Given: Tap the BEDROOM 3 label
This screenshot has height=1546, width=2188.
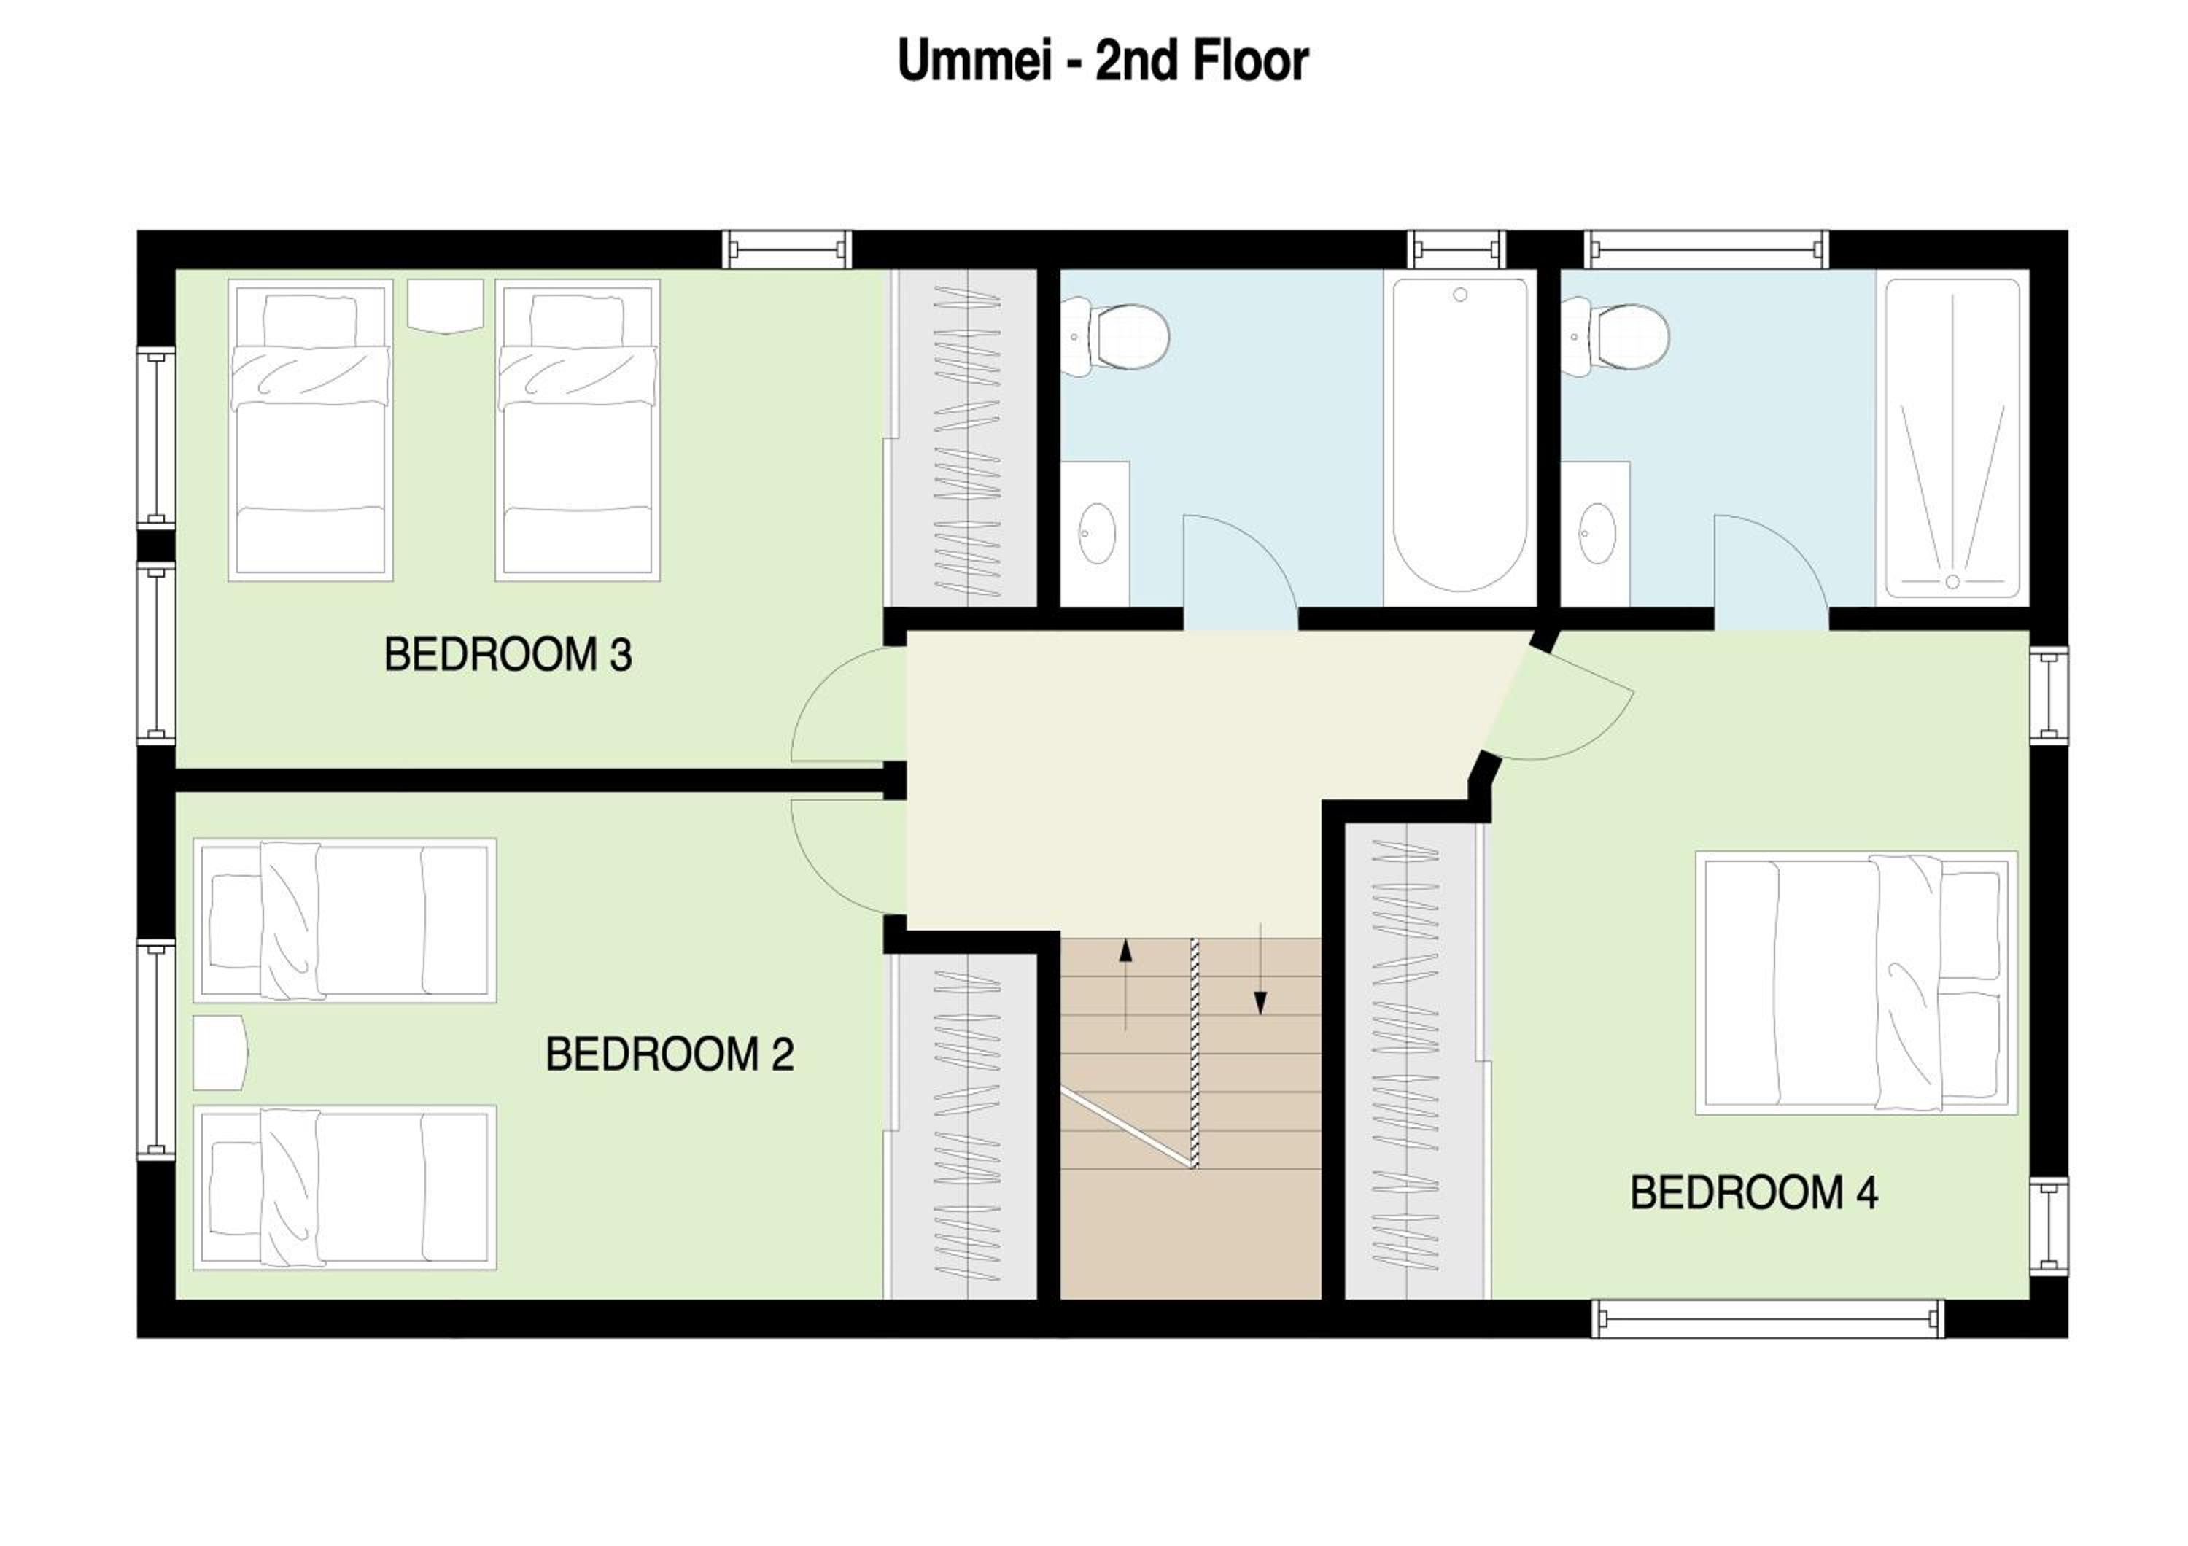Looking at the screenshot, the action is tap(508, 656).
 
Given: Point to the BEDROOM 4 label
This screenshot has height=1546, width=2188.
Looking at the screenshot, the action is tap(1753, 1192).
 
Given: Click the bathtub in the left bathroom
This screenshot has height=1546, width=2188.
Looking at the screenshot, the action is tap(1460, 436).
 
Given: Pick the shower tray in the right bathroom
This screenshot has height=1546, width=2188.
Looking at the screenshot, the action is tap(1952, 438).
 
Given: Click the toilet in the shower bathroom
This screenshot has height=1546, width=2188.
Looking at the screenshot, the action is tap(1615, 335).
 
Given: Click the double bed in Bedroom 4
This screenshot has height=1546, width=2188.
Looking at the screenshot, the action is tap(1855, 982).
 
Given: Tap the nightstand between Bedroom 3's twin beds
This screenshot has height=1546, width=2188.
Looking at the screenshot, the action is tap(445, 306).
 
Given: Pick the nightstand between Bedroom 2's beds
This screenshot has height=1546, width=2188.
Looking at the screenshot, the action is tap(220, 1052).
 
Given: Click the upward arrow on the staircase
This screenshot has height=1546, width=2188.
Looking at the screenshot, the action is tap(1125, 984).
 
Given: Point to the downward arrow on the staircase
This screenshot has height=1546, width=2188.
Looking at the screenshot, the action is tap(1261, 968).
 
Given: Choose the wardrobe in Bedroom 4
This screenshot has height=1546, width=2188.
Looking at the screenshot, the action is tap(1415, 1061).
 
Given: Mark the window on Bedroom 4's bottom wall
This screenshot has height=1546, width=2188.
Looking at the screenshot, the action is tap(1769, 1318).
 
